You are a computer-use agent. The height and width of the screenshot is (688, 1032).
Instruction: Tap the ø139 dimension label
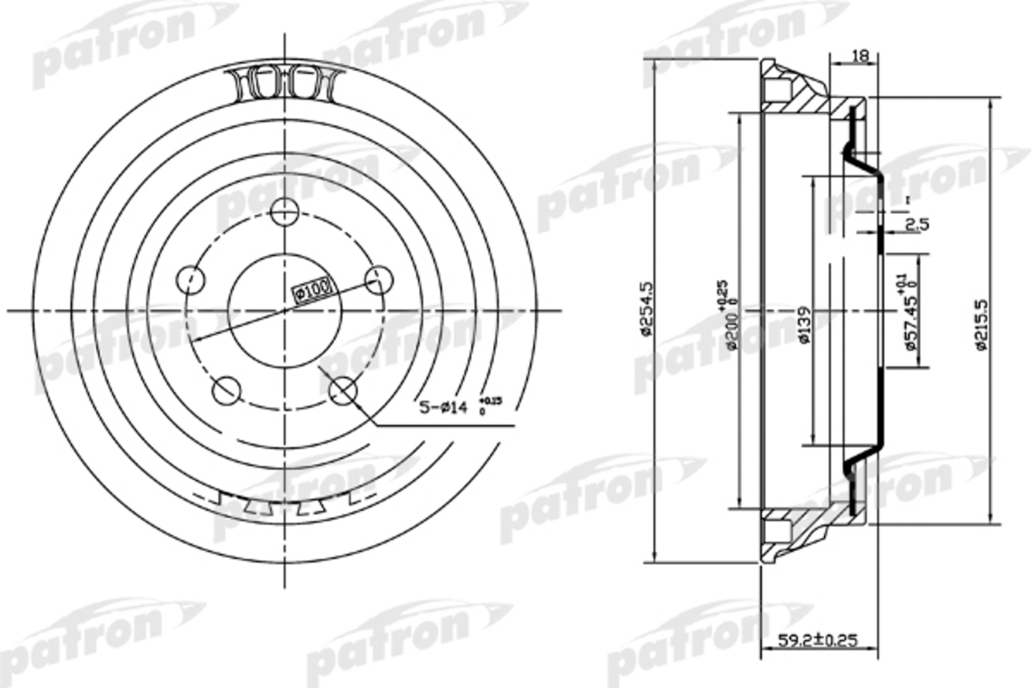(x=805, y=325)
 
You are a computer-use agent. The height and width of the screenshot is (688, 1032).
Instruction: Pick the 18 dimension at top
(x=860, y=56)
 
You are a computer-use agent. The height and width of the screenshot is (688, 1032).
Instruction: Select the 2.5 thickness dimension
(x=918, y=224)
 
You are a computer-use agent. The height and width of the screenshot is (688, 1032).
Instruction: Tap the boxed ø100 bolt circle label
(x=313, y=289)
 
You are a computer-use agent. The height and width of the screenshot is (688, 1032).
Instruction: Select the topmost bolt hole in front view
(x=284, y=212)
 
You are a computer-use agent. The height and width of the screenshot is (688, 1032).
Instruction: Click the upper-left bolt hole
(x=190, y=280)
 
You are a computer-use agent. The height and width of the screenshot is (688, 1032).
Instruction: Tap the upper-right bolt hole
(x=379, y=280)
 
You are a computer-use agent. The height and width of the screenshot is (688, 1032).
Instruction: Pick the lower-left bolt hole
(x=227, y=390)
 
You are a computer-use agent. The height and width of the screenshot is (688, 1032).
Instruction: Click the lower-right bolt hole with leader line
(x=343, y=390)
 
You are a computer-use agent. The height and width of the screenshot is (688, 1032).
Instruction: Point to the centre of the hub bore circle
(x=284, y=310)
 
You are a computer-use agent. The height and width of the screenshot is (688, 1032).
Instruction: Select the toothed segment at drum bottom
(x=284, y=504)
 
